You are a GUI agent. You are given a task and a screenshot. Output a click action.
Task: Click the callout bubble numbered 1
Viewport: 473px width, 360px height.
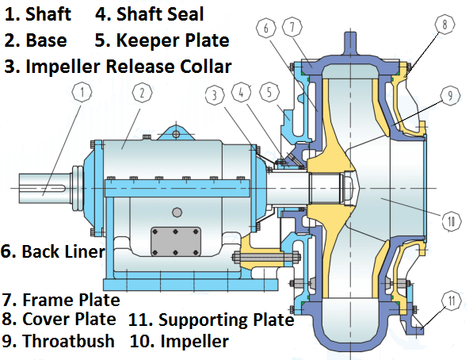(x=82, y=92)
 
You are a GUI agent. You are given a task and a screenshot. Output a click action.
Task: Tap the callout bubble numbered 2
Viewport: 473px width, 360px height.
(x=142, y=93)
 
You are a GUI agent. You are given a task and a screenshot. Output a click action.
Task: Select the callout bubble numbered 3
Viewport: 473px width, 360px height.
(x=215, y=95)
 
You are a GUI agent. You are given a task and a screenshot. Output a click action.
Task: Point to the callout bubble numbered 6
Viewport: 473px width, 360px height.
(x=265, y=28)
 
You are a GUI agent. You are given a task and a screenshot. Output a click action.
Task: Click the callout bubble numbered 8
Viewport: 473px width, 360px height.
(x=444, y=24)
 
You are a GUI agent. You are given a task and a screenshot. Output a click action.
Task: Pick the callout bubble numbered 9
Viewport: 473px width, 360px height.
(x=450, y=96)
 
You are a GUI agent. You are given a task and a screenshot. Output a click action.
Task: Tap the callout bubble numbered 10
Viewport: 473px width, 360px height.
(x=452, y=221)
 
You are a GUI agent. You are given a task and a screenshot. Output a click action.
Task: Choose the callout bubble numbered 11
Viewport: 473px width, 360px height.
(x=452, y=301)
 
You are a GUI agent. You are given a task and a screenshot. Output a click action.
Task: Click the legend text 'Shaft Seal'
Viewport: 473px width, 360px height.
(x=160, y=14)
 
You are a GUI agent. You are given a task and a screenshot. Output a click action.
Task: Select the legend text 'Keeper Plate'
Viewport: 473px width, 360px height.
(x=173, y=40)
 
